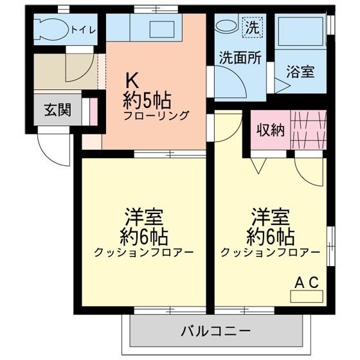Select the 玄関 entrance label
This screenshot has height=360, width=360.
(x=58, y=111)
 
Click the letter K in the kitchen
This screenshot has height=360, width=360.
(x=132, y=81)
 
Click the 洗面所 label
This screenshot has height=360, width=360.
(x=239, y=57)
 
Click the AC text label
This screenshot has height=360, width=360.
(x=306, y=282)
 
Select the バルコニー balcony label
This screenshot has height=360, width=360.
(x=215, y=332)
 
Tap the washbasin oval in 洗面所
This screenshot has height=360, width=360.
(x=226, y=26)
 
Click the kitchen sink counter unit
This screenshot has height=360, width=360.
(x=154, y=28)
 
